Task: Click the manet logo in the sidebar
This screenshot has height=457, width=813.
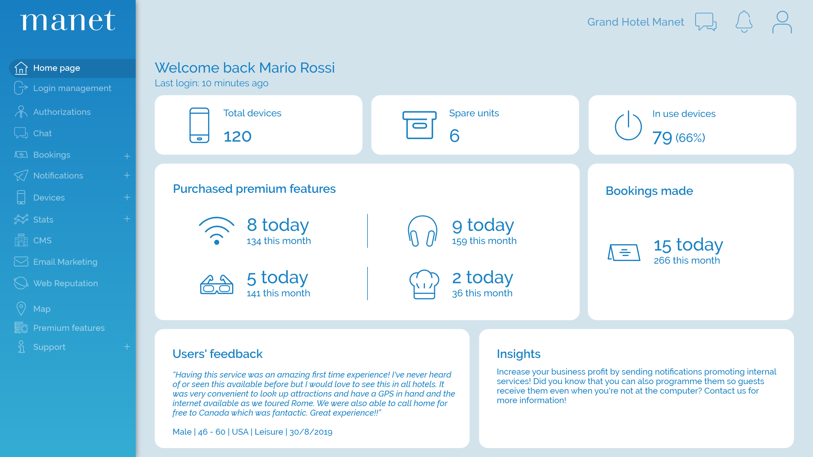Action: (x=68, y=21)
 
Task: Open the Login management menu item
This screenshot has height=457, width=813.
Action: (x=72, y=88)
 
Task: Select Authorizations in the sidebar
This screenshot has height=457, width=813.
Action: (x=62, y=112)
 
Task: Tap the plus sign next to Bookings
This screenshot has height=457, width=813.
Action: (x=127, y=156)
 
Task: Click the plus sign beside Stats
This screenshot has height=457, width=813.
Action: (x=127, y=219)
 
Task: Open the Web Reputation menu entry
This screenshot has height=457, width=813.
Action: (x=66, y=284)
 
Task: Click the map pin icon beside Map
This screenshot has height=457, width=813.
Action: (x=21, y=308)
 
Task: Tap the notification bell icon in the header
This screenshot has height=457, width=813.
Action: (x=744, y=22)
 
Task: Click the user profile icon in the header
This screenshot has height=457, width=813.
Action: (x=782, y=22)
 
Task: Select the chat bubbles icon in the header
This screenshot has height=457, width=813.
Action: (x=706, y=22)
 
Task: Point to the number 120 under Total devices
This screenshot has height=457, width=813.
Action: (x=237, y=137)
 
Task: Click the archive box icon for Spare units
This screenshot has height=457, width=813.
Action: (x=419, y=125)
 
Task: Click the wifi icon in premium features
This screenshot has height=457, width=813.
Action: (x=217, y=231)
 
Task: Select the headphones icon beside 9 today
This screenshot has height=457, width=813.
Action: (x=422, y=231)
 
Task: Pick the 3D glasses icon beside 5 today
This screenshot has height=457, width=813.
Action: (x=217, y=284)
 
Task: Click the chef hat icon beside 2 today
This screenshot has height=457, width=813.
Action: (x=424, y=284)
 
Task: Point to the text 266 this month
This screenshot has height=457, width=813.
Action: (x=687, y=260)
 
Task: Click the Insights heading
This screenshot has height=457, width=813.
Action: (x=518, y=354)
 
